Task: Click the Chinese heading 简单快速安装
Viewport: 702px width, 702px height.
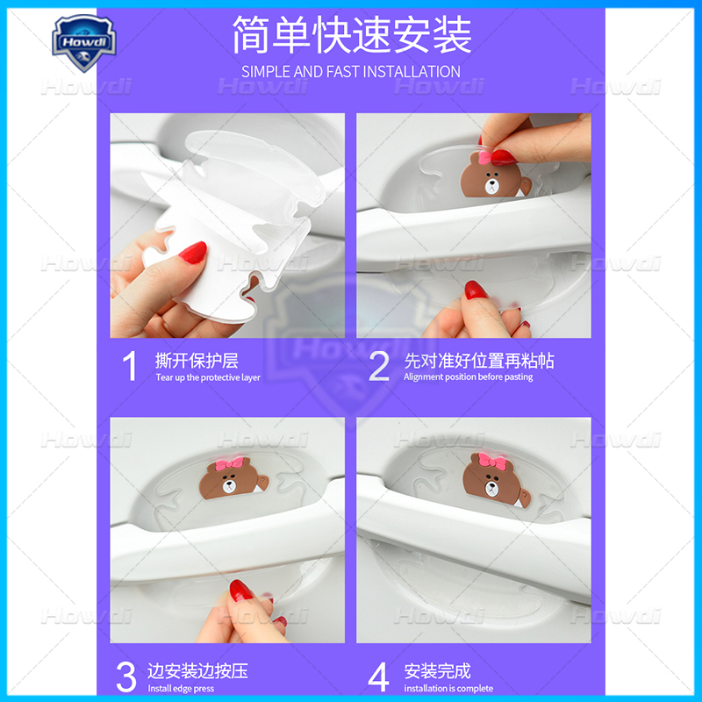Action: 351,35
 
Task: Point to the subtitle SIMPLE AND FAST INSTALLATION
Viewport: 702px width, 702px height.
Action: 351,71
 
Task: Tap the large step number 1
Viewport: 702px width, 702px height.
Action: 130,366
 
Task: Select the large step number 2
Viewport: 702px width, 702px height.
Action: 378,366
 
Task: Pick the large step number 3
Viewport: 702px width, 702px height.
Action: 126,677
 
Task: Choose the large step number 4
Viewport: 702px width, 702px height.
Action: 378,677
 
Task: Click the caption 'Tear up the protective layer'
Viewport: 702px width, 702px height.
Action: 208,377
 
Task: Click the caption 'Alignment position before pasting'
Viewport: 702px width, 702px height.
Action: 468,377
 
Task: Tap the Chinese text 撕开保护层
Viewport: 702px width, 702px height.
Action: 197,360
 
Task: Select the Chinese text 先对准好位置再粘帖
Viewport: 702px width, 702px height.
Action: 479,360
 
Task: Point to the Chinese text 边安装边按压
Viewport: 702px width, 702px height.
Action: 197,671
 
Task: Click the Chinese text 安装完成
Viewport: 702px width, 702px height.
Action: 438,671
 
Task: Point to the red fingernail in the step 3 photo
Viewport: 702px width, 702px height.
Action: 240,590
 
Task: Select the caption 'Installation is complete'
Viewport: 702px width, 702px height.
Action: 448,689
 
